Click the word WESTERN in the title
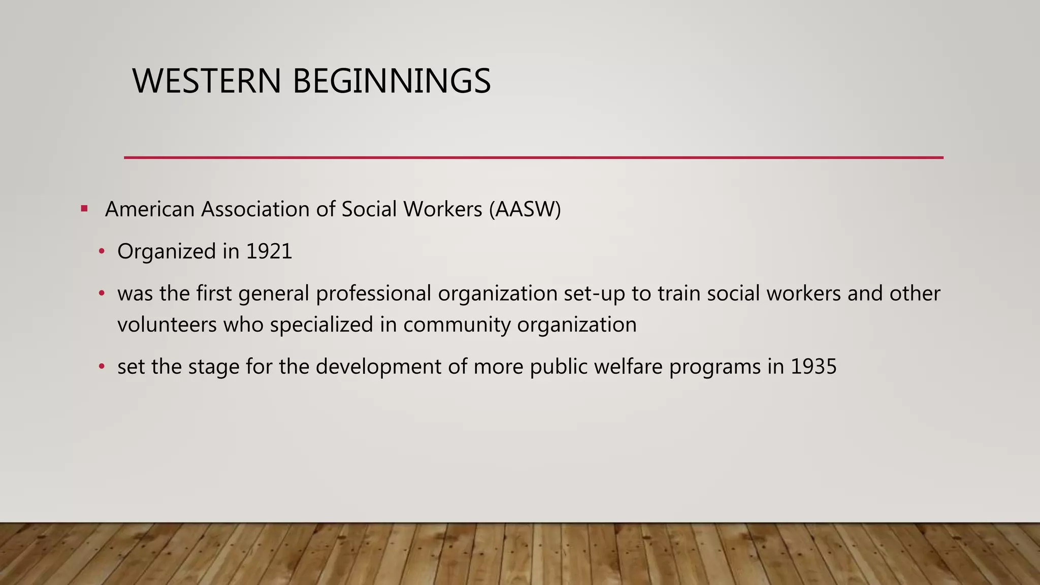coord(206,81)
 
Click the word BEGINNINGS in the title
coord(392,81)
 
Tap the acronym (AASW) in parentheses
coord(525,209)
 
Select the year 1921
coord(269,251)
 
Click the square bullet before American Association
coord(84,209)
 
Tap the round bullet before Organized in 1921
coord(102,251)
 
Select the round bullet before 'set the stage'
coord(102,367)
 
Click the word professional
coord(373,294)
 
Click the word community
coord(457,324)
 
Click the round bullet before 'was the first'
coord(102,294)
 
